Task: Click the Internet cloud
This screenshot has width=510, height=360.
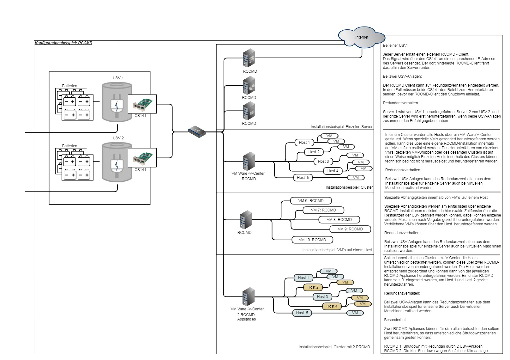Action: [x=362, y=37]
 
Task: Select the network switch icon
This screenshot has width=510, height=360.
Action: [x=197, y=131]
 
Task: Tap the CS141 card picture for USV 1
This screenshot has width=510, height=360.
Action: [x=142, y=104]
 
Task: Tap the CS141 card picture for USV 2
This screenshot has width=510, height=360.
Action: [x=142, y=158]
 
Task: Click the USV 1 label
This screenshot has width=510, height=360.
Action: [x=118, y=78]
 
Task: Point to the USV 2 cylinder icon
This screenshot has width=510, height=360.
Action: [x=117, y=162]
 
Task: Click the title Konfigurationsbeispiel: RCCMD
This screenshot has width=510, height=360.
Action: [x=63, y=43]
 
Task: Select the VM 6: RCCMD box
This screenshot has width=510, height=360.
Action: [x=311, y=201]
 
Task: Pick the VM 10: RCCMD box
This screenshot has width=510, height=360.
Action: [x=312, y=240]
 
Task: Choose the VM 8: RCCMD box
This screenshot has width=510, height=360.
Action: [x=339, y=220]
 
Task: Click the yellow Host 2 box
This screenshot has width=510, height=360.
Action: [x=313, y=287]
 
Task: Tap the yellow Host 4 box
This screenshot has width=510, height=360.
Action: [x=332, y=306]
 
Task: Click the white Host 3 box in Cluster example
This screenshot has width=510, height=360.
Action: [x=323, y=162]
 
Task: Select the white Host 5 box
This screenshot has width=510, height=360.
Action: [x=303, y=178]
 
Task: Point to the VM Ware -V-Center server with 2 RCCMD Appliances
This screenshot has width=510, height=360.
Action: [x=249, y=296]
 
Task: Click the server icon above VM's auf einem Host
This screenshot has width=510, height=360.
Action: [x=246, y=220]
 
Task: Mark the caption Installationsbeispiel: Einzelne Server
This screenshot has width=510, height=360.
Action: [x=341, y=127]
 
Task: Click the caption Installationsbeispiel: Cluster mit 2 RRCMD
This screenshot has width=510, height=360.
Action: [x=334, y=347]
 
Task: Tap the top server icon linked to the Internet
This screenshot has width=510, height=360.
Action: [x=249, y=58]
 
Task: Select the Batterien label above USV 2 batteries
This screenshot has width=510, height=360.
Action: [x=69, y=146]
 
